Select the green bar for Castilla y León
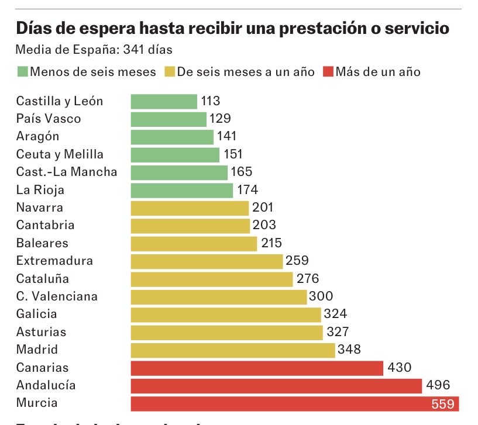tap(164, 101)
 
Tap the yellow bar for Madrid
tap(233, 350)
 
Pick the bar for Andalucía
tap(276, 386)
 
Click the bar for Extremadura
tap(207, 261)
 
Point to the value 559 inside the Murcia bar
tap(443, 404)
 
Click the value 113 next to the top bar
tap(211, 101)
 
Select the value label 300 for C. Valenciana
tap(321, 296)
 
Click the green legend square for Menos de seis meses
tap(22, 72)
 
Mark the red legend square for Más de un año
tap(328, 72)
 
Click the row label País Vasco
tap(49, 119)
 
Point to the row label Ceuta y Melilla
tap(60, 154)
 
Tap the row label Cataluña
tap(43, 278)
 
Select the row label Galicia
tap(37, 314)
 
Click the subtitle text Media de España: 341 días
tap(94, 50)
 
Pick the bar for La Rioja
tap(182, 190)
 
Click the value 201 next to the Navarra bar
tap(263, 208)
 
